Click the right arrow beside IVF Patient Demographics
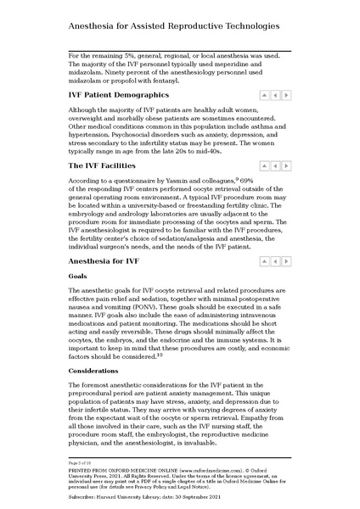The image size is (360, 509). pyautogui.click(x=287, y=96)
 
